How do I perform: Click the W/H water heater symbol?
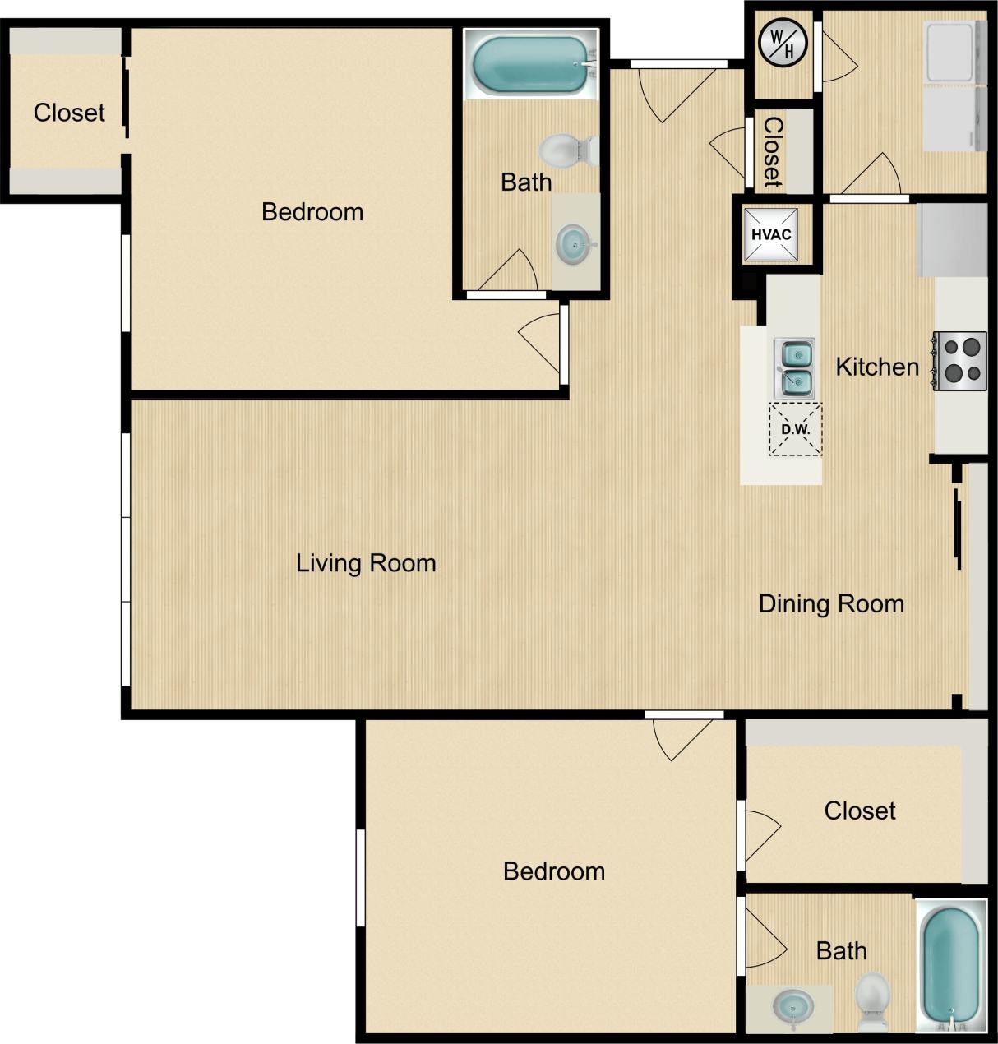782,42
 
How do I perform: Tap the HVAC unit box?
771,234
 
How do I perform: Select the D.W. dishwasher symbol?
795,429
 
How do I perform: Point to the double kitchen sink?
794,367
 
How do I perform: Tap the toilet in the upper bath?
567,150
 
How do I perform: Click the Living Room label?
366,563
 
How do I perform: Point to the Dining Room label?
831,604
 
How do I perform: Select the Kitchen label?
877,367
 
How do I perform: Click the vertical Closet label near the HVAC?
773,151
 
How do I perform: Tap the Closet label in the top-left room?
69,113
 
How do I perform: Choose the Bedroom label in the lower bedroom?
554,871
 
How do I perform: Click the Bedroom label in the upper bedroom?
312,212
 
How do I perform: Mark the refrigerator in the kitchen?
952,240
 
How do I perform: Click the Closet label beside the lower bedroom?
860,811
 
